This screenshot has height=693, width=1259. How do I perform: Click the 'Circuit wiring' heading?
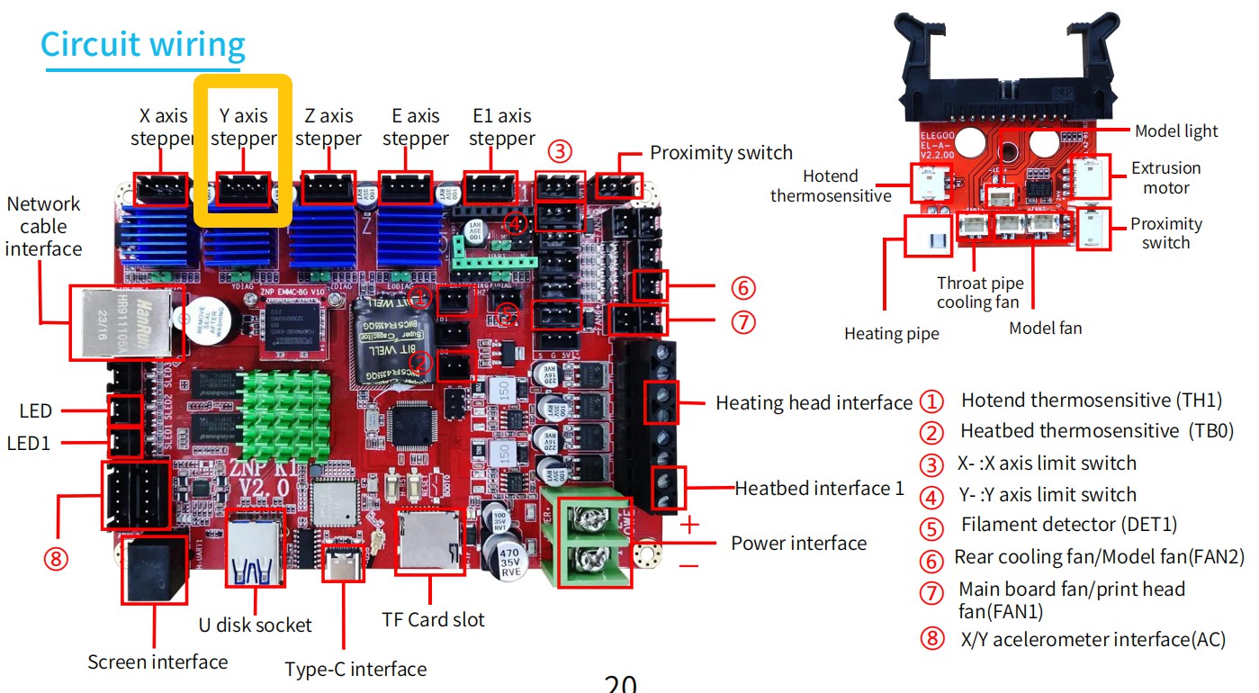(143, 44)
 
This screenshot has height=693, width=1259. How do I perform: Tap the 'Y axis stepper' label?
(243, 127)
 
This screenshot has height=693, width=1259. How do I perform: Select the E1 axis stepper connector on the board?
(490, 188)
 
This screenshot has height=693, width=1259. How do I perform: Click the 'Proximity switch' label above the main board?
(721, 152)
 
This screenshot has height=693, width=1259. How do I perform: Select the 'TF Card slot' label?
(433, 619)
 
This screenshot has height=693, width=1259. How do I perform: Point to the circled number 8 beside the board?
(56, 559)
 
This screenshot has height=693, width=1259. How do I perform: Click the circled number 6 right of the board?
(742, 288)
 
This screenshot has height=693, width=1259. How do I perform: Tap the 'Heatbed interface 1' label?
(819, 489)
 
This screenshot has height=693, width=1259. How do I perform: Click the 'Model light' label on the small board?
(1175, 130)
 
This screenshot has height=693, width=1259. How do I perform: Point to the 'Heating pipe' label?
(891, 334)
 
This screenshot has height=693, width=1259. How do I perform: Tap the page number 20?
(621, 684)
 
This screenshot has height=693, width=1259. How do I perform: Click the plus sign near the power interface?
(689, 525)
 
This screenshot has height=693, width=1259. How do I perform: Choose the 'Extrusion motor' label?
(1165, 178)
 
